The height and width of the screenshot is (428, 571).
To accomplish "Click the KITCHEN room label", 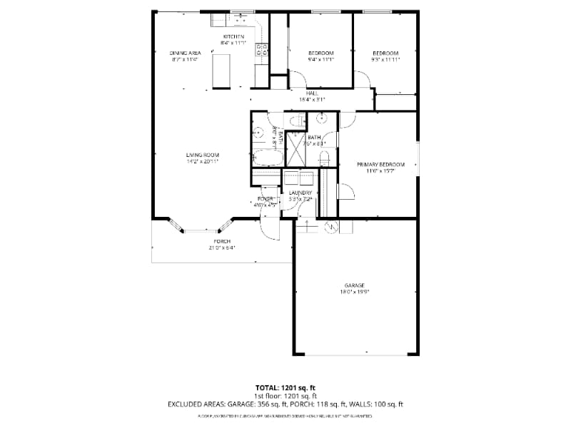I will coord(234,36).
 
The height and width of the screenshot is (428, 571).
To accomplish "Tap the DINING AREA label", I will coord(185,53).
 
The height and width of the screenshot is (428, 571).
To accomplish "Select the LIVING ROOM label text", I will coord(202,155).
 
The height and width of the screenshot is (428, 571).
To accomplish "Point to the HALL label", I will coord(312,93).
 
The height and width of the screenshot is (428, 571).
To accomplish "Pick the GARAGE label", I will coord(355,284).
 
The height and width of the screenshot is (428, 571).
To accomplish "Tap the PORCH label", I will coord(221,241).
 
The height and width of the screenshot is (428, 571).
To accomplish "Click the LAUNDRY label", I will coord(300,193).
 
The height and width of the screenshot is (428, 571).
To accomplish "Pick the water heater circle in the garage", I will coord(330,227).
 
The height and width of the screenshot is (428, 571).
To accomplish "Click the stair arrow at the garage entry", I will coord(307,226).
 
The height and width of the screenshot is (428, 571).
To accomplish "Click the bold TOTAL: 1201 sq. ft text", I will coord(285,387).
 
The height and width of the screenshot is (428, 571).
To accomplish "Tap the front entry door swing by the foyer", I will coord(270,227).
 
